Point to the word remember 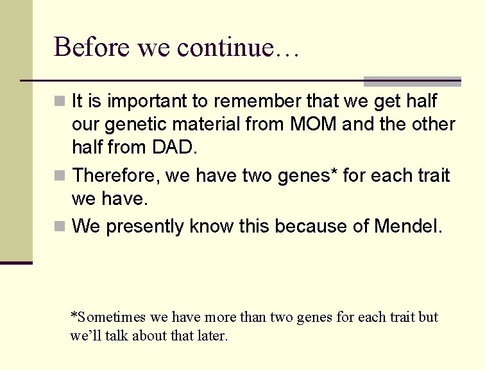(x=262, y=101)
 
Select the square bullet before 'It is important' (x=60, y=101)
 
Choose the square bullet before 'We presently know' (x=60, y=227)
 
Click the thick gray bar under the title (x=412, y=82)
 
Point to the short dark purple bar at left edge (x=16, y=262)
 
